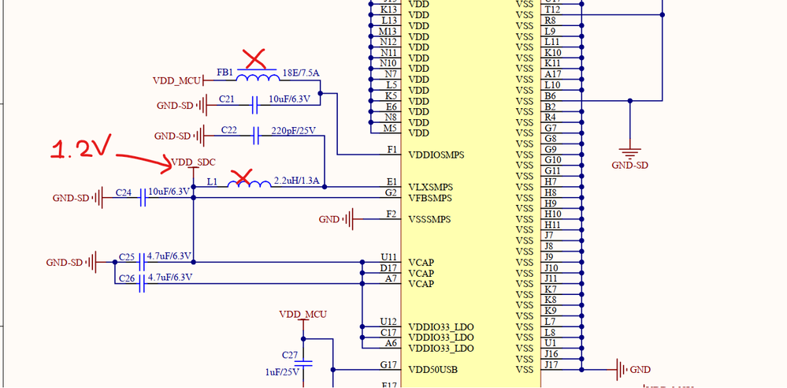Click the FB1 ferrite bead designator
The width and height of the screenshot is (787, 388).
point(225,73)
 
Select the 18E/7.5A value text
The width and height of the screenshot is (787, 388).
point(300,73)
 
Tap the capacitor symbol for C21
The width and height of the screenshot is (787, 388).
point(254,105)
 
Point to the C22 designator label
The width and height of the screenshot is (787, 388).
point(228,129)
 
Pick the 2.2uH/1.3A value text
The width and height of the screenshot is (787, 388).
point(295,181)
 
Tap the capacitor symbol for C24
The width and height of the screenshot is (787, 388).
point(143,198)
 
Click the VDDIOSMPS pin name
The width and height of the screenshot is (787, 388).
point(436,155)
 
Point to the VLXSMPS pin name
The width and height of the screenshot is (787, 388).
point(430,187)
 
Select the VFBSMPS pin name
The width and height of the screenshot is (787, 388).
point(430,198)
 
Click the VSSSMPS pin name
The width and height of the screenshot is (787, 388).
point(430,219)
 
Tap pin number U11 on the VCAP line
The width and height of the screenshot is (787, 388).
point(388,257)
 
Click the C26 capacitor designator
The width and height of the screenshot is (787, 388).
point(127,278)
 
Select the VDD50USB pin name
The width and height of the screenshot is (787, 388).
point(432,369)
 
